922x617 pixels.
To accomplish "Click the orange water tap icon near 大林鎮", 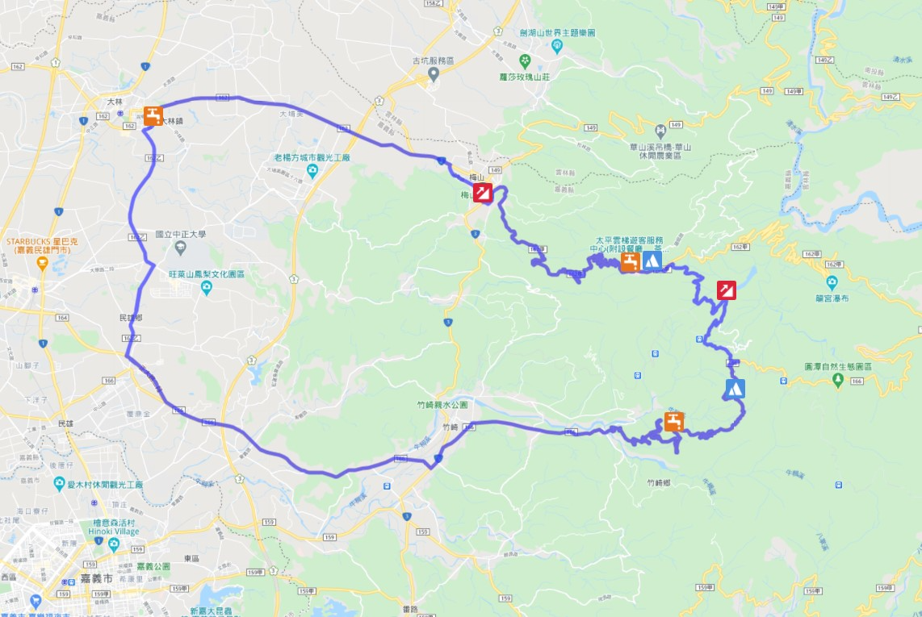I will (x=153, y=114).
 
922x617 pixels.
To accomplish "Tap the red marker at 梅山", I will (x=483, y=192).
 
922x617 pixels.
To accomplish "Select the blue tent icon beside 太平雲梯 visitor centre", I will (x=652, y=261).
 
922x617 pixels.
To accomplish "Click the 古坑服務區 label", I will (x=433, y=60).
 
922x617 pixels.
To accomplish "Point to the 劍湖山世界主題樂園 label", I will (x=557, y=33).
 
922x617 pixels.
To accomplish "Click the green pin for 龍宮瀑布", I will (x=832, y=282).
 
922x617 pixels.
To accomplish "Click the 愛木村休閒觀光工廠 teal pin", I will (x=60, y=483).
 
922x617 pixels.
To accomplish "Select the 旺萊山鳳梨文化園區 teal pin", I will (x=207, y=288).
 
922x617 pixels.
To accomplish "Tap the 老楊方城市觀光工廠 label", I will (x=310, y=157).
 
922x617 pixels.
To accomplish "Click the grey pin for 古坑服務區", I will (x=433, y=74).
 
